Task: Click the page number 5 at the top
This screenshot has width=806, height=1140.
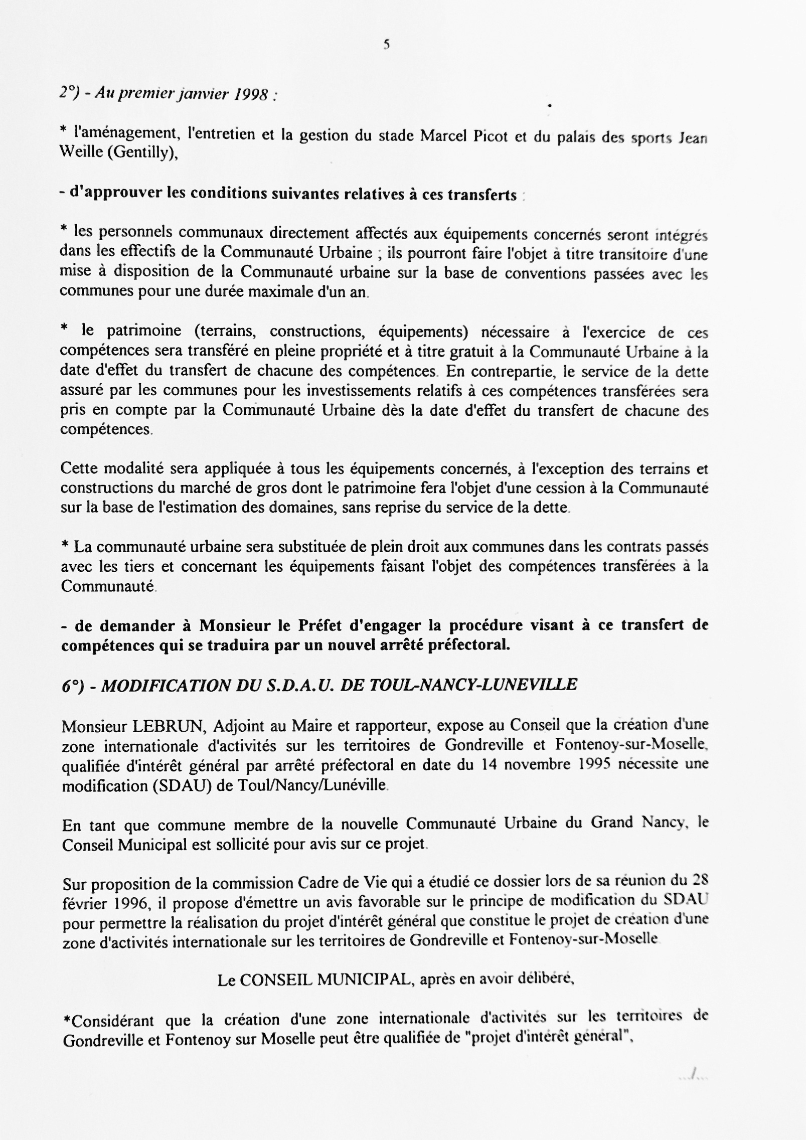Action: click(x=387, y=45)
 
